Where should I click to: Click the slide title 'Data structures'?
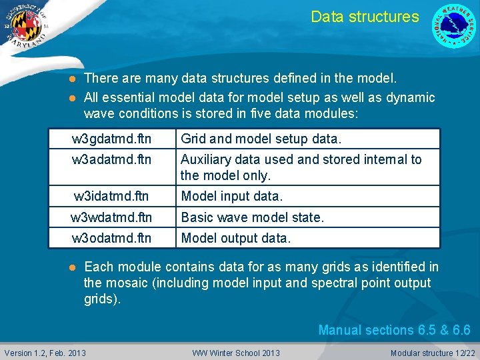coord(365,17)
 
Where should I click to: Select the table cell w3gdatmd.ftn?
coord(111,139)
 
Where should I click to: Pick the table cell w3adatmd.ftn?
coord(111,159)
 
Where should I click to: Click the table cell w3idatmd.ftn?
coord(111,196)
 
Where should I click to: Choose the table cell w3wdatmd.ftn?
coord(111,217)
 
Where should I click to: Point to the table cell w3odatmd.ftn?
coord(111,238)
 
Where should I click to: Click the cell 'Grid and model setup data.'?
coord(261,139)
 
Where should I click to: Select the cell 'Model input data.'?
coord(232,196)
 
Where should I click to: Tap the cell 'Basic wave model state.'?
coord(252,217)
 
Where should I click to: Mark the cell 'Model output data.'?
coord(236,238)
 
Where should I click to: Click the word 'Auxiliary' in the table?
coord(205,159)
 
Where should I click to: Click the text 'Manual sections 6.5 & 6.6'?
coord(394,330)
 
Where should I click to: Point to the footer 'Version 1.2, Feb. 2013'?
coord(45,353)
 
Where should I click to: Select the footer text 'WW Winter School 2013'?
coord(236,353)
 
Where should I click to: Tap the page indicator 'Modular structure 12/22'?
coord(432,353)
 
